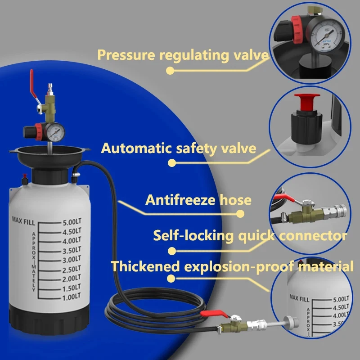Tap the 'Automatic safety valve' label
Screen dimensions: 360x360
click(x=179, y=148)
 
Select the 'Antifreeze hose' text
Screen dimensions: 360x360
click(x=198, y=200)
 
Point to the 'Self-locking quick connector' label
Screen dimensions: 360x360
click(x=250, y=235)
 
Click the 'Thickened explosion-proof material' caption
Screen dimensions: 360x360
click(x=232, y=266)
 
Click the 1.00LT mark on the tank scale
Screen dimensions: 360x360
click(x=71, y=297)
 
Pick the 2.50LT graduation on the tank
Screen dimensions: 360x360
click(x=71, y=269)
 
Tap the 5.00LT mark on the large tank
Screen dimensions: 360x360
click(x=71, y=222)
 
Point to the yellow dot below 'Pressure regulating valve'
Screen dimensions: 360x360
click(x=170, y=70)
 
